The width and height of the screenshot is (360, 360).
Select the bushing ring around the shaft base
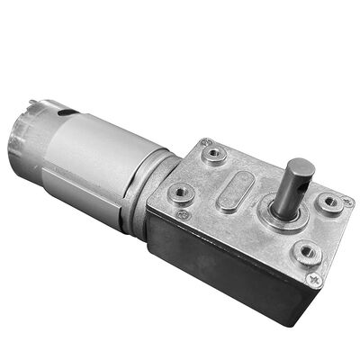click(x=285, y=216)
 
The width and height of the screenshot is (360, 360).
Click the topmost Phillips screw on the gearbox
click(x=208, y=142)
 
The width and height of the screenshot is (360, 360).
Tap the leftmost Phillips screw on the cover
click(x=183, y=215)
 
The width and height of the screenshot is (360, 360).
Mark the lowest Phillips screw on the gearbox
click(x=316, y=280)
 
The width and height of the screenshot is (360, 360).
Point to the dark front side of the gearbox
click(x=225, y=270)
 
